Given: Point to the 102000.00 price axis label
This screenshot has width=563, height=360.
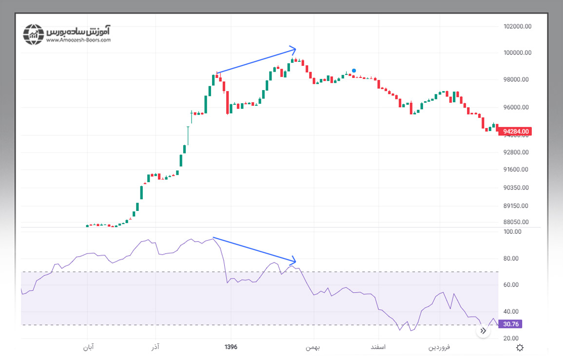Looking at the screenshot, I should point(517,26).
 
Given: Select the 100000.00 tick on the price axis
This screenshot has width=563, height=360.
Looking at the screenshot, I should point(517,53).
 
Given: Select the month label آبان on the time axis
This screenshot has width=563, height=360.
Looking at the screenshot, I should point(88,347).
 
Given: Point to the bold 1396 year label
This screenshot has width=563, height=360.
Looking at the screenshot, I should point(231,347).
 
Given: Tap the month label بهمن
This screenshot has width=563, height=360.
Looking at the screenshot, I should point(312,347).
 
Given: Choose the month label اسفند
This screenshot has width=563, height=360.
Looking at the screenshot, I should point(378,347).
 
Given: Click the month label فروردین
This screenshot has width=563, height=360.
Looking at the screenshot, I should point(439,347).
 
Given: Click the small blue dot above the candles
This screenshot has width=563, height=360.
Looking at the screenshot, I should point(354,71).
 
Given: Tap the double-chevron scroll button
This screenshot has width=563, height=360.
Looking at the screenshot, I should point(483,331).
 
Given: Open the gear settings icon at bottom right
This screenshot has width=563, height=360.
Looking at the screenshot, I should point(520,347).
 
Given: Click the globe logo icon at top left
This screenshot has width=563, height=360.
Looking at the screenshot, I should point(34,34).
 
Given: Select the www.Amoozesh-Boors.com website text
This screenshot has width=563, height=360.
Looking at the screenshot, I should point(78,40).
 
